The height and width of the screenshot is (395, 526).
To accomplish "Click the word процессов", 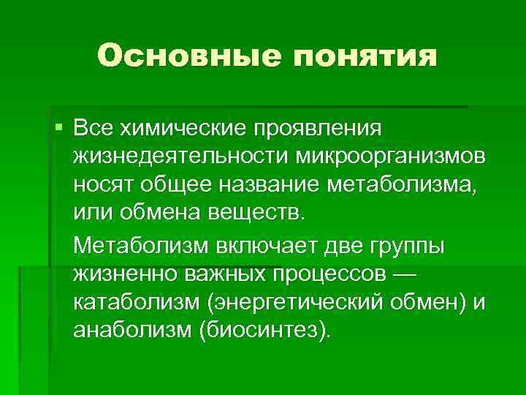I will tap(331, 274).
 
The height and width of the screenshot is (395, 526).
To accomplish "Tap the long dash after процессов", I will tap(403, 274).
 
